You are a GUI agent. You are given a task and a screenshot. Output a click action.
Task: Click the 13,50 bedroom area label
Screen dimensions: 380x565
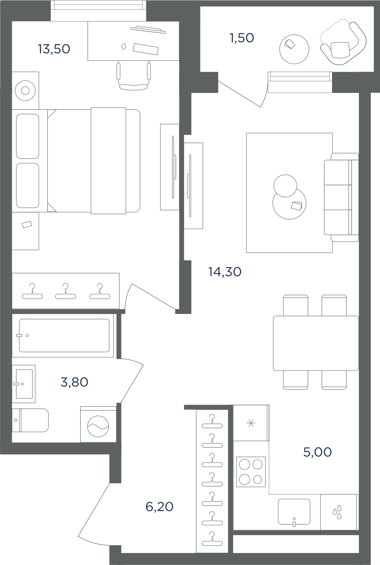tap(54, 49)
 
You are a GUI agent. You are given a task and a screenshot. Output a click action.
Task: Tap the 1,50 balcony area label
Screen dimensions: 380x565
tap(242, 38)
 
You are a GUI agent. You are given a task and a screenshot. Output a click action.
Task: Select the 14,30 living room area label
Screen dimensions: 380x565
tap(225, 272)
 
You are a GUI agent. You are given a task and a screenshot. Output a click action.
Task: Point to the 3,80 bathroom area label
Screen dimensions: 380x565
tap(74, 382)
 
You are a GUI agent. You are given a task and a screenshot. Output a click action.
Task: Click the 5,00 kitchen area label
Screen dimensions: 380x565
tap(318, 452)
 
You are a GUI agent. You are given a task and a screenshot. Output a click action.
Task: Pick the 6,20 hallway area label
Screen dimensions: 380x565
tap(160, 506)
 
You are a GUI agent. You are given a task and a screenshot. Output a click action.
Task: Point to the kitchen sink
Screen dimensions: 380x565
tap(294, 512)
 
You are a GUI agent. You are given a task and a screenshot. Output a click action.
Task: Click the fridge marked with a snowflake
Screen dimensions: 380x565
tap(251, 423)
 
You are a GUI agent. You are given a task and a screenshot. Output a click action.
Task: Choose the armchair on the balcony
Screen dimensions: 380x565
tap(343, 44)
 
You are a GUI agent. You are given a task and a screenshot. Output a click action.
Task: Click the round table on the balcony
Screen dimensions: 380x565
tap(294, 49)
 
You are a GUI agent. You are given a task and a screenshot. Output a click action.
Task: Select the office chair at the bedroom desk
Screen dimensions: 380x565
tap(133, 76)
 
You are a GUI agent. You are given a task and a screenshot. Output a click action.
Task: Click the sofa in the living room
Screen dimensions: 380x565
tap(341, 197)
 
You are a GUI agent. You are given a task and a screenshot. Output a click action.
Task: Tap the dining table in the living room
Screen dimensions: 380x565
tap(316, 343)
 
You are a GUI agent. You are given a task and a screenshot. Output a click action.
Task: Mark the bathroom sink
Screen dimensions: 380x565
tap(24, 384)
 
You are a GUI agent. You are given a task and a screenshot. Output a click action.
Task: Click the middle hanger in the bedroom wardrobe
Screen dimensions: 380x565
tap(65, 291)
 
